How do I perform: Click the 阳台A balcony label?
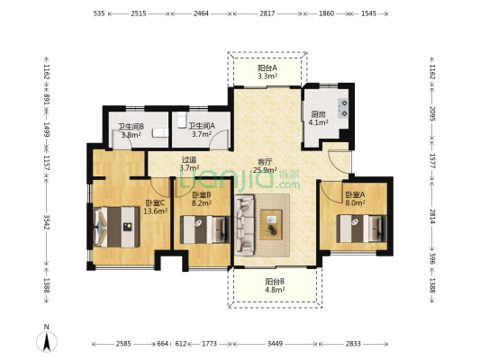tap(267, 67)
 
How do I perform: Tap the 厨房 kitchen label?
tap(318, 114)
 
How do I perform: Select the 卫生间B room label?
tap(131, 126)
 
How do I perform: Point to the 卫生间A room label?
tap(202, 126)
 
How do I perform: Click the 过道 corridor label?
tap(189, 159)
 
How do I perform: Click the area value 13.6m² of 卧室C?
tap(156, 211)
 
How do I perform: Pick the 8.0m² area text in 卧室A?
tap(355, 202)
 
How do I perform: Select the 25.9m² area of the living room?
tap(265, 170)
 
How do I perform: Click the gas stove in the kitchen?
tap(343, 108)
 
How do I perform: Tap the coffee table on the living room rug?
tap(271, 224)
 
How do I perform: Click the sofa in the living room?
tap(244, 225)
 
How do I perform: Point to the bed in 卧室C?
tap(116, 227)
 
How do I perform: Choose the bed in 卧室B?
tap(204, 229)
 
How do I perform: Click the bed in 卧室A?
tap(361, 229)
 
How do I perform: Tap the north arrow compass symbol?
tap(47, 341)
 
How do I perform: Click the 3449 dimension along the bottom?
tap(275, 344)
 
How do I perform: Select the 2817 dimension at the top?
tap(267, 13)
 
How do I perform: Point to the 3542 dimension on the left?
tap(47, 222)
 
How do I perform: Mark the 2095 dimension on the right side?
tap(432, 113)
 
